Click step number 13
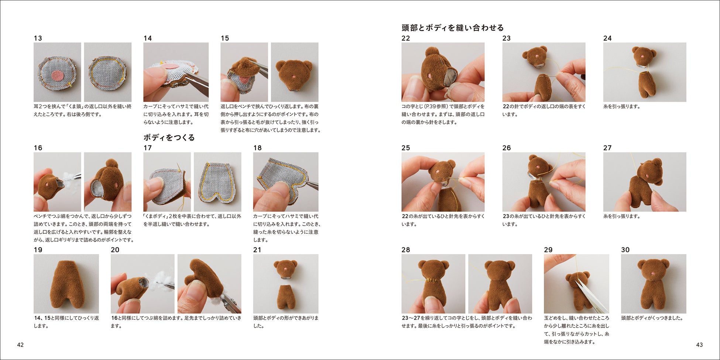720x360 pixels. coord(38,38)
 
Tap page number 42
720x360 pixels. coord(20,345)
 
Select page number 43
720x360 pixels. coord(699,345)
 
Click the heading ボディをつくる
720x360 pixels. coord(169,137)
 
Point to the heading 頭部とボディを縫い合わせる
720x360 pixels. coord(453,28)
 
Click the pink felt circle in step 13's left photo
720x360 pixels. coord(57,75)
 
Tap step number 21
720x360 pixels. coord(257,250)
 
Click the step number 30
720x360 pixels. coord(625,250)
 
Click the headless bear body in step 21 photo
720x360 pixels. coord(285,297)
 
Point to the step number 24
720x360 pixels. coord(607,38)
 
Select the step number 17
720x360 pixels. coord(148,148)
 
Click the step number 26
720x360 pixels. coord(507,148)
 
